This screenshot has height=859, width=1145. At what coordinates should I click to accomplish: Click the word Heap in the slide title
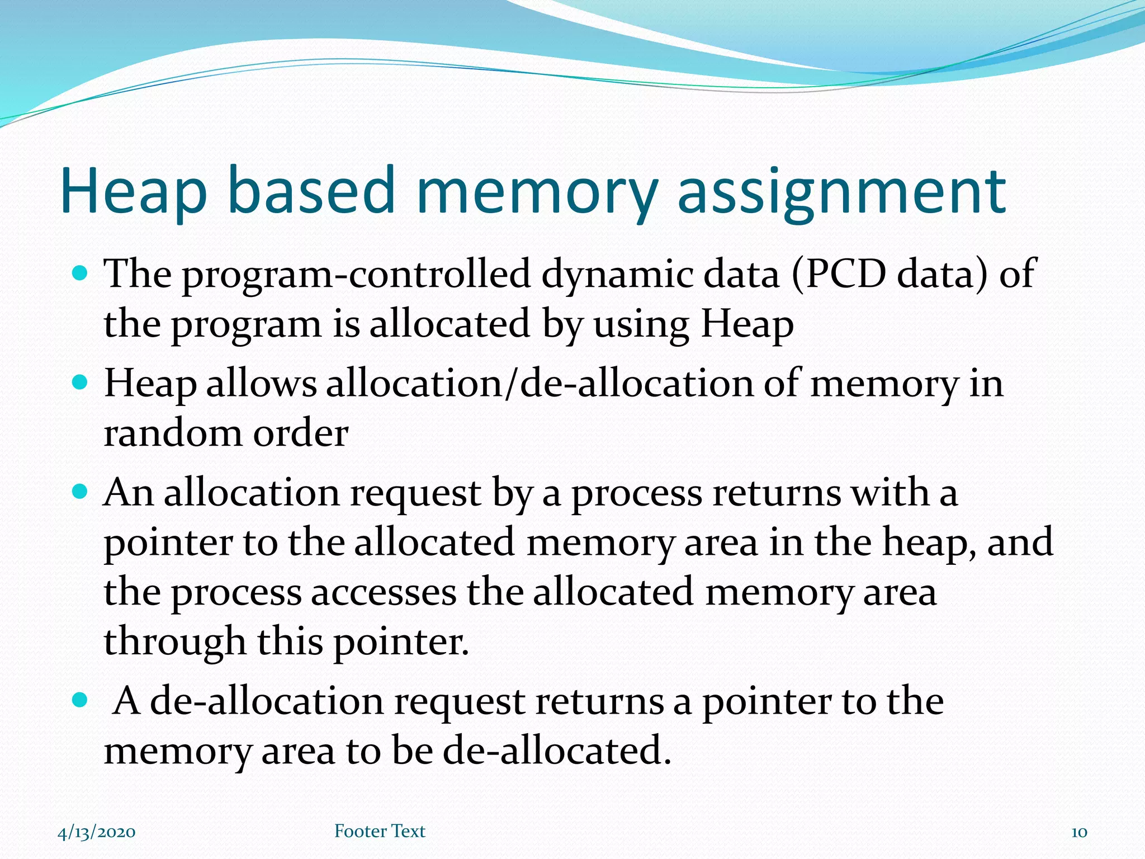pos(134,191)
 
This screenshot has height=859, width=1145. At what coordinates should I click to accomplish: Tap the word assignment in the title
pos(841,191)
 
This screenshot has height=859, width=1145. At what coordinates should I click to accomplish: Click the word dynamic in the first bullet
pos(617,274)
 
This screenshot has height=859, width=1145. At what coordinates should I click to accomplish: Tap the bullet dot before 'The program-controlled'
pos(81,274)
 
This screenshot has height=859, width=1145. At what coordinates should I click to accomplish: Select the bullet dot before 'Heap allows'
pos(81,383)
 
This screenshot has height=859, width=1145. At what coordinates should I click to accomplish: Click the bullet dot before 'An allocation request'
pos(81,493)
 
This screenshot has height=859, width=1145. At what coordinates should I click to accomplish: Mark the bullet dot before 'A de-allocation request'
pos(81,700)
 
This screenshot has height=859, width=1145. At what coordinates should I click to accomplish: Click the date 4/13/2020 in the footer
pos(97,832)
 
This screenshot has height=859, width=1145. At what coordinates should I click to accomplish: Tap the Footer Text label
pos(380,831)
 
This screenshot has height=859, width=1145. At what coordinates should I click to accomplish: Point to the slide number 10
pos(1079,832)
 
